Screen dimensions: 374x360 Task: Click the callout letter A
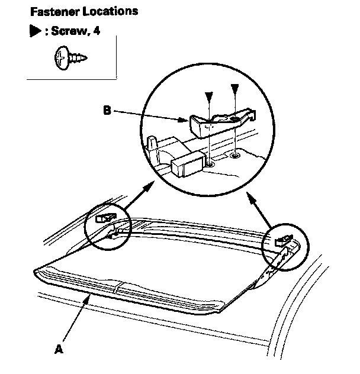pyautogui.click(x=58, y=349)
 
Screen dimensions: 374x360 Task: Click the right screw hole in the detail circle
pyautogui.click(x=235, y=155)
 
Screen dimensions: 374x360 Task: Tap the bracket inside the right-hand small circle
pyautogui.click(x=282, y=240)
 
